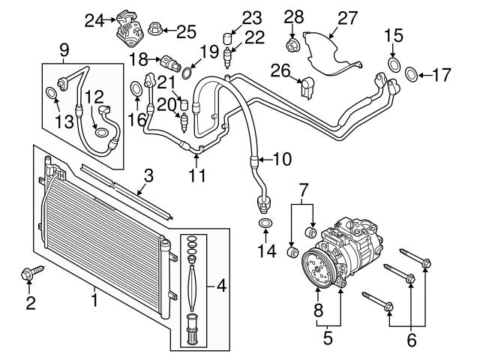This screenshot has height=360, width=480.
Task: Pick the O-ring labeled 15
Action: point(392,63)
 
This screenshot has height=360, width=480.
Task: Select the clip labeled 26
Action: point(306,88)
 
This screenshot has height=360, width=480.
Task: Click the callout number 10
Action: point(281,158)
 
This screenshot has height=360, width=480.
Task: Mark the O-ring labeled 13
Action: point(51,93)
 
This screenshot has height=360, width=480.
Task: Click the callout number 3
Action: point(148,176)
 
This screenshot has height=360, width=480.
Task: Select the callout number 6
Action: point(410,340)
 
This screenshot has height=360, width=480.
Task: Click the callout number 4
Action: point(220,285)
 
